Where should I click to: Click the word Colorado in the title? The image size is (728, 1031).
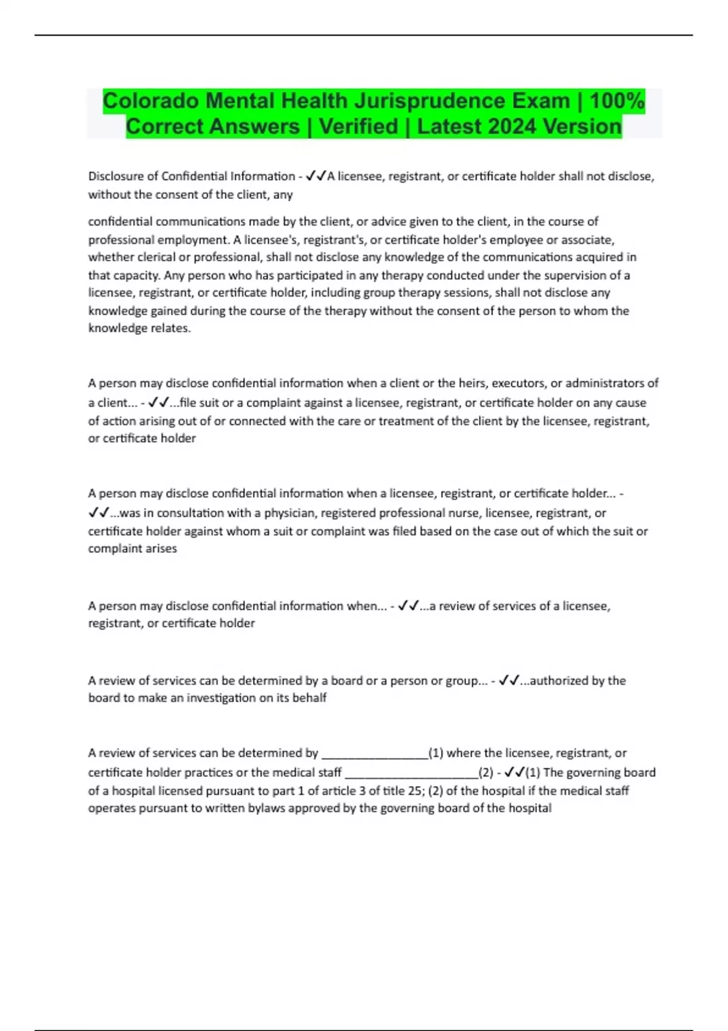coord(151,101)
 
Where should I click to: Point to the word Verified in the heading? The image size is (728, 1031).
coord(358,127)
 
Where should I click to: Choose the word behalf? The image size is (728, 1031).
coord(309,698)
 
